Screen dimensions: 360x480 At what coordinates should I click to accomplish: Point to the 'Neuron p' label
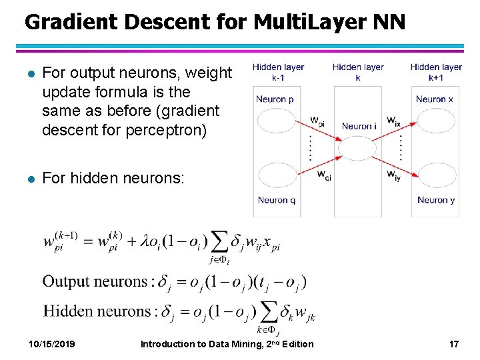point(275,99)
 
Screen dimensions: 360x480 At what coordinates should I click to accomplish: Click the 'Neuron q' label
point(275,199)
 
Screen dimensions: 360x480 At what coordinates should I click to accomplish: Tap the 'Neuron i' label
point(359,125)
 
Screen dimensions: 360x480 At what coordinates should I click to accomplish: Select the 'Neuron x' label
point(434,99)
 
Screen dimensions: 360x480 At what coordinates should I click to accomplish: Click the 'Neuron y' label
point(435,199)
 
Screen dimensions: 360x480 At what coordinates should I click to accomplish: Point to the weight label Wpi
point(317,121)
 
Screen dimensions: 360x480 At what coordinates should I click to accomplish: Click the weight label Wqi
point(323,175)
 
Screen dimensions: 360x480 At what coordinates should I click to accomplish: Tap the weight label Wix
point(393,121)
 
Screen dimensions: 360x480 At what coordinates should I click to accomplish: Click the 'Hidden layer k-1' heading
point(278,72)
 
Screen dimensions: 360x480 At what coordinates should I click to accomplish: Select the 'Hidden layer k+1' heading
point(436,72)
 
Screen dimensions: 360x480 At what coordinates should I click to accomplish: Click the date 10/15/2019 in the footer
point(51,344)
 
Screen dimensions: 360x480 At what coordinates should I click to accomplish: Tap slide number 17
point(453,344)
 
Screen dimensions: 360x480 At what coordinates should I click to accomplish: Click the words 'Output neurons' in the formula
point(93,281)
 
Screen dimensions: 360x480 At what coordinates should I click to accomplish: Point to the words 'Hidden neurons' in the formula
point(97,311)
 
